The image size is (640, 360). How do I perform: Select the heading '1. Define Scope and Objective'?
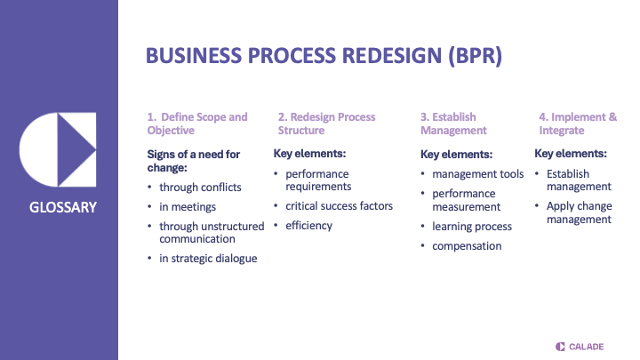click(197, 124)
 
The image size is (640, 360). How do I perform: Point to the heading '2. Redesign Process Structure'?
click(326, 124)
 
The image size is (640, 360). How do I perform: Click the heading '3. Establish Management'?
click(453, 124)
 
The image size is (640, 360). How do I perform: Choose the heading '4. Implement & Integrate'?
click(578, 124)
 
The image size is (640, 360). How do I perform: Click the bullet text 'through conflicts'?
click(200, 188)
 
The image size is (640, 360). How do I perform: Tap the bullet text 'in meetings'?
click(188, 207)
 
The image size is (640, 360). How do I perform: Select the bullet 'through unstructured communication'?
click(212, 232)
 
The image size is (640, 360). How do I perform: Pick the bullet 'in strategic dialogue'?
click(208, 258)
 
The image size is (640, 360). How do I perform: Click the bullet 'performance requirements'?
click(318, 180)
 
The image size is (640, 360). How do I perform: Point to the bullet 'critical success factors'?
click(339, 206)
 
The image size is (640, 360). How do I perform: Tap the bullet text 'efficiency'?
click(308, 226)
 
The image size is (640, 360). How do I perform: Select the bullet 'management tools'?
click(477, 174)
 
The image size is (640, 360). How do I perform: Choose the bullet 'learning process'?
click(472, 227)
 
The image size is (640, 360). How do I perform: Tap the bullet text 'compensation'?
click(467, 246)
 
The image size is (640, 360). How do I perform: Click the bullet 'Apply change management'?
click(579, 212)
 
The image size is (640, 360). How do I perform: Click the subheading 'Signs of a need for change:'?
click(193, 161)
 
